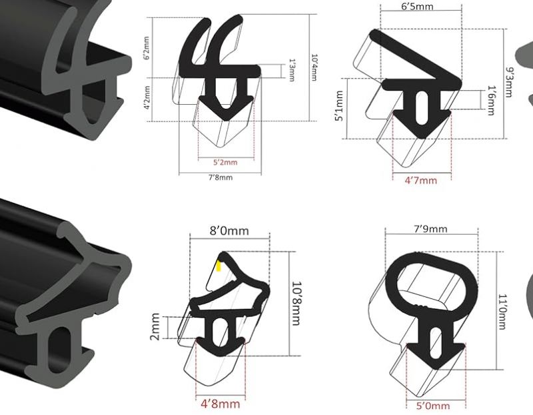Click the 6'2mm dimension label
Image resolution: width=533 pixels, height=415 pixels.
point(146,48)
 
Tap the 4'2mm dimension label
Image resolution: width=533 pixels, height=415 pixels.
point(147,97)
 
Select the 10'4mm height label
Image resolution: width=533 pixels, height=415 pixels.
point(314,67)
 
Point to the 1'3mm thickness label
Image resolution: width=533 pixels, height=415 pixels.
point(292,70)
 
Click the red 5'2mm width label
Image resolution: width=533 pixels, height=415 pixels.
point(225,162)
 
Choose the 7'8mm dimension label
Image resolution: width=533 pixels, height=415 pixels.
point(221,177)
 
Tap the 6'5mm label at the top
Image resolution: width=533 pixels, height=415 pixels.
point(418,7)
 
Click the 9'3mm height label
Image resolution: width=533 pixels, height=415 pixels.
point(509,82)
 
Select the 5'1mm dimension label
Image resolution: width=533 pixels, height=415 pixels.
point(339,105)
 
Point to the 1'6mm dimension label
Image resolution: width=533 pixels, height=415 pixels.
point(491,101)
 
